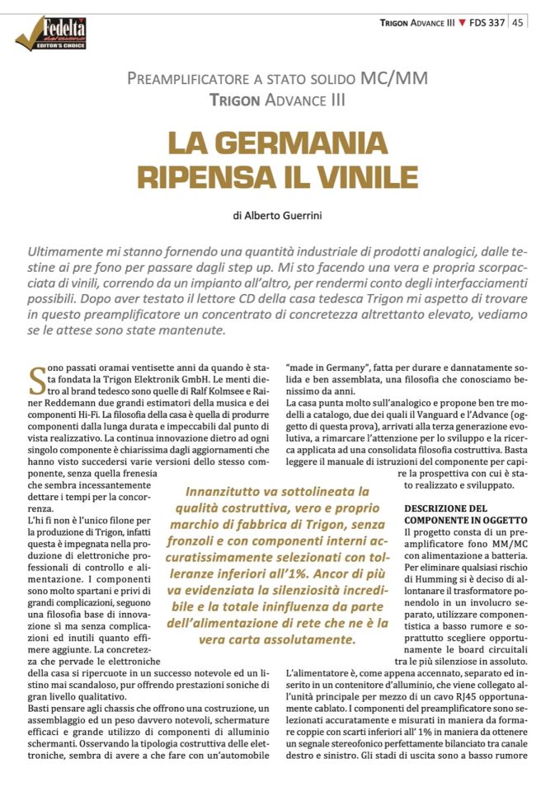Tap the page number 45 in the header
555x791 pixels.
coord(519,22)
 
